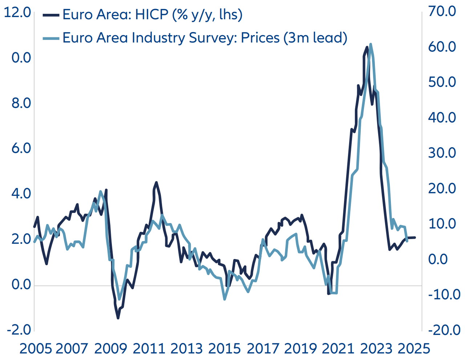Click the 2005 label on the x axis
coord(36,349)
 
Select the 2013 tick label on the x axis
coord(186,349)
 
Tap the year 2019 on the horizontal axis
coord(300,349)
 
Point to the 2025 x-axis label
coord(414,349)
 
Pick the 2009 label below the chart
coord(110,349)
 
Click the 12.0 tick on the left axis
coord(17,12)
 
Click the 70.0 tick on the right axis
coord(442,11)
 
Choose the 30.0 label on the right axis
coord(442,153)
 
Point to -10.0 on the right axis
coord(444,294)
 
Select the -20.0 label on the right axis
coord(444,330)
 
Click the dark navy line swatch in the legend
coord(51,15)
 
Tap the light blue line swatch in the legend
coord(51,38)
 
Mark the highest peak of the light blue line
coord(371,44)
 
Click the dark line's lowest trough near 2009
coord(118,318)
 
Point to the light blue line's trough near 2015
coord(224,299)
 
